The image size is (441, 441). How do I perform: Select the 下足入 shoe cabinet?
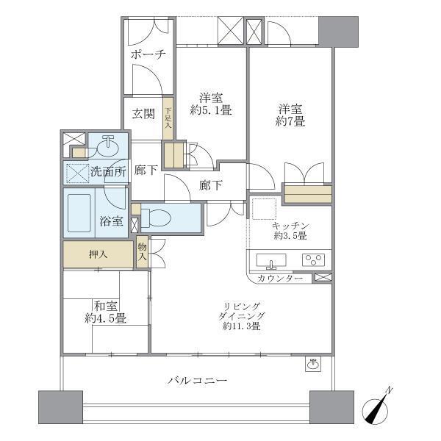click(x=168, y=118)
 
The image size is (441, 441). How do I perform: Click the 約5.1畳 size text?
click(x=211, y=111)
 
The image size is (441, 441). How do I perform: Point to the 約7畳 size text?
click(x=290, y=122)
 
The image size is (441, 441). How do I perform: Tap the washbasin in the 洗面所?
click(x=108, y=146)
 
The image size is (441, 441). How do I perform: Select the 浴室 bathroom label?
click(x=111, y=221)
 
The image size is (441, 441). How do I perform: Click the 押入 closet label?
click(x=98, y=255)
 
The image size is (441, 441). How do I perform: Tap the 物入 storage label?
click(x=142, y=254)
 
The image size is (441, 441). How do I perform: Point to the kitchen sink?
click(x=273, y=261)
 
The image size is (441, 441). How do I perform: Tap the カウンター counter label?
click(x=280, y=279)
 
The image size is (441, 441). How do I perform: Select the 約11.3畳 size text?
click(x=242, y=327)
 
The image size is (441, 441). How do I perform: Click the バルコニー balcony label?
click(x=196, y=381)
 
